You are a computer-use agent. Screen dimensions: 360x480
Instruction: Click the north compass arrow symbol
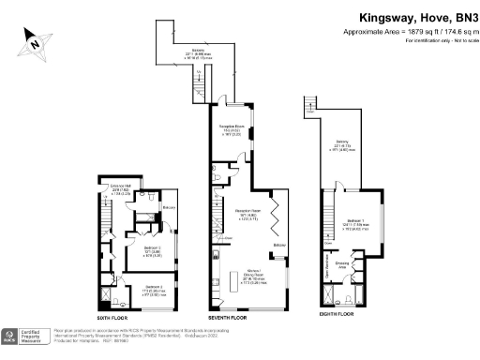[35, 40]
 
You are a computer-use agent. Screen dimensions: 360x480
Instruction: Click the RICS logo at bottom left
[10, 337]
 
